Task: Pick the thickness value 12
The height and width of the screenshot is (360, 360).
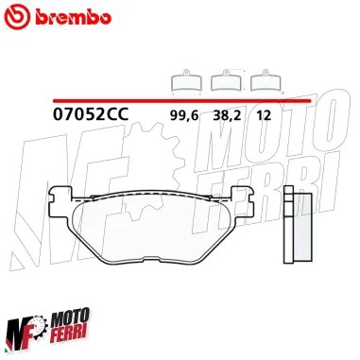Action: (263, 115)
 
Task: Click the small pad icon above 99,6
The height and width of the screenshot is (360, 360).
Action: (184, 82)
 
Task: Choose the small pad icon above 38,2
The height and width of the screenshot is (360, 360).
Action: (225, 82)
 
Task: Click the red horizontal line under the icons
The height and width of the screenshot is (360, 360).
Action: (180, 99)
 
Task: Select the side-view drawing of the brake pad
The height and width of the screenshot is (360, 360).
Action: (298, 223)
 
